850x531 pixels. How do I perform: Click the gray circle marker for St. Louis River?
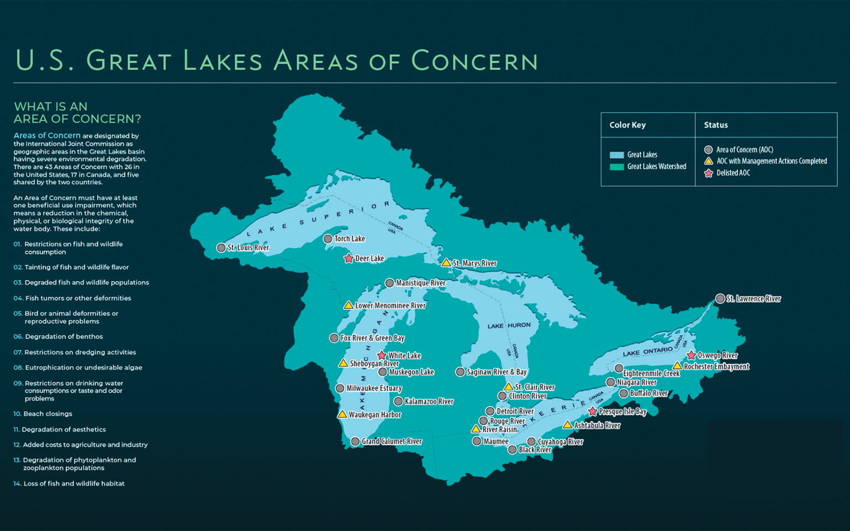[x=221, y=248]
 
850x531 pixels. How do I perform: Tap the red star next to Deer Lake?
[x=349, y=258]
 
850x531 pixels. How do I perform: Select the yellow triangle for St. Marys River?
[x=446, y=263]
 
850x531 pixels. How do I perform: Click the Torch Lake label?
[x=350, y=239]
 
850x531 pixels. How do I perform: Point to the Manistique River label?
[x=421, y=283]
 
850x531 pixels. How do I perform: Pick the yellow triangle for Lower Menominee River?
[x=349, y=305]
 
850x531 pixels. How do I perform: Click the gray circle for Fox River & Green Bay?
[x=334, y=338]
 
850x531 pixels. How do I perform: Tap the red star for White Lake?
[x=382, y=356]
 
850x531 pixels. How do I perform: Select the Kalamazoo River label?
[x=429, y=402]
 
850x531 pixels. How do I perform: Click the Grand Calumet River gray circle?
[x=355, y=441]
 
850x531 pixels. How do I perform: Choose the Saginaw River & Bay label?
[x=496, y=372]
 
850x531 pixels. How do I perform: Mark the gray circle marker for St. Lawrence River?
[x=720, y=299]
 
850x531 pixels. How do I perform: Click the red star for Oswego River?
[x=691, y=356]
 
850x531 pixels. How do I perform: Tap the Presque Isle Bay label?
[x=623, y=412]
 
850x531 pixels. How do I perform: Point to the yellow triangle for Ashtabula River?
[x=567, y=425]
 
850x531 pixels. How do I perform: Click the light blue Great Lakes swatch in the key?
[x=616, y=155]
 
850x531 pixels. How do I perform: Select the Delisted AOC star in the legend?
[x=708, y=173]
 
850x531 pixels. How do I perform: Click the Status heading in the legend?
[x=716, y=125]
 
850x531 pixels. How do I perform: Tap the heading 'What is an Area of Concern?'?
[x=77, y=113]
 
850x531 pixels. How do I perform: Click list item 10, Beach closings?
[x=48, y=414]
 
